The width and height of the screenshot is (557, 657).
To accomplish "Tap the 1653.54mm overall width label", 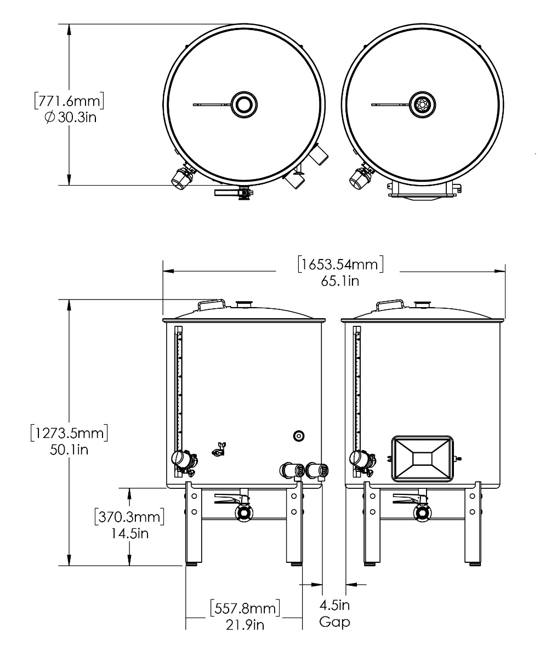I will (x=339, y=264).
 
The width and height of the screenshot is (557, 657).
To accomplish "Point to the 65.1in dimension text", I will (x=340, y=281).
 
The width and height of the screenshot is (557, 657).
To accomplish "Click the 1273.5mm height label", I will (x=69, y=433).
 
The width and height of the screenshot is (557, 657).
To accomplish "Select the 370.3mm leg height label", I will (x=129, y=516).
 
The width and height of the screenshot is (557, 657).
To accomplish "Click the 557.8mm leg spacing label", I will (x=245, y=607).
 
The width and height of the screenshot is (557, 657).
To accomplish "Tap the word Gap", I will (x=334, y=622).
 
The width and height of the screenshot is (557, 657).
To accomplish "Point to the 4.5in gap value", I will (x=334, y=605).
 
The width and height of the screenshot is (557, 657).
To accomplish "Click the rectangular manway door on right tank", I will (x=422, y=459).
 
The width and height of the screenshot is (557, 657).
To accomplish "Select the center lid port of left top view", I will (x=243, y=104).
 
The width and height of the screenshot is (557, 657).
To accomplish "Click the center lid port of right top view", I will (x=422, y=104).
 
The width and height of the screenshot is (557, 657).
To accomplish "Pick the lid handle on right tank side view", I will (x=390, y=303).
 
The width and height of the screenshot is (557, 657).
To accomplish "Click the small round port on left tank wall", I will (x=298, y=436).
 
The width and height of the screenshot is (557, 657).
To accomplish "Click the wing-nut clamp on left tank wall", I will (x=220, y=449).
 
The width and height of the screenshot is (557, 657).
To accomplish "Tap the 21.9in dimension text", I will (x=245, y=624).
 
